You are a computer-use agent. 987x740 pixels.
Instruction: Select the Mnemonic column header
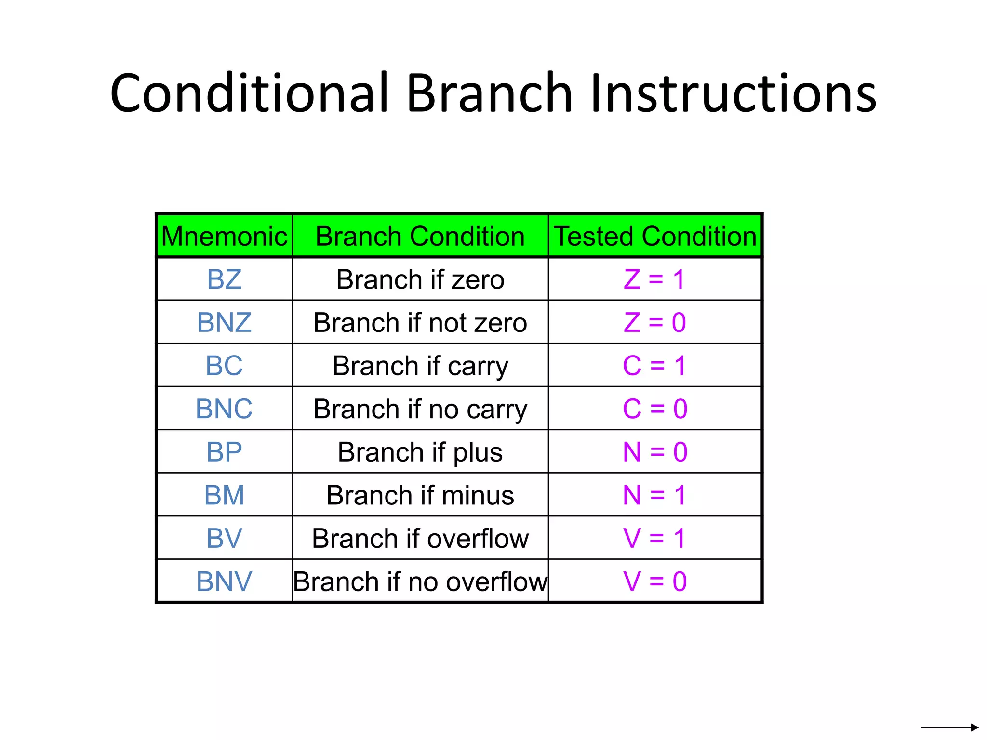(x=224, y=236)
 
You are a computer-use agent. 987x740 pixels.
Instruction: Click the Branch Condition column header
(x=420, y=236)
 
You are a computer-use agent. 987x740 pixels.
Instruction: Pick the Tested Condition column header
(x=655, y=236)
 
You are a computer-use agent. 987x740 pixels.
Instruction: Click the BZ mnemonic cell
(x=224, y=279)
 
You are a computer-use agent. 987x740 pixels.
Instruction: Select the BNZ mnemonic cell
(x=224, y=322)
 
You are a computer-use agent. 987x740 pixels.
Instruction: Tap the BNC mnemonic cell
(x=224, y=409)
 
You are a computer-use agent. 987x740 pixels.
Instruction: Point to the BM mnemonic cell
(x=224, y=495)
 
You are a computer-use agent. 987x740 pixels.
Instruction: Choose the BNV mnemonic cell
(x=224, y=581)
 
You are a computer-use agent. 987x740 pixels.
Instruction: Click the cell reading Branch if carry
(x=420, y=366)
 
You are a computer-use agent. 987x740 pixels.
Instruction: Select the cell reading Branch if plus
(x=420, y=452)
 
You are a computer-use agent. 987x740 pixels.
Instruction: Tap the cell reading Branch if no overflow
(x=420, y=581)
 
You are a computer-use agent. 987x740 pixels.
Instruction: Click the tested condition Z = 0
(x=654, y=322)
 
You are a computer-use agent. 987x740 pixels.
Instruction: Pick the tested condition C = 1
(x=654, y=366)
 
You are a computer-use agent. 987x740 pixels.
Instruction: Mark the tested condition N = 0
(x=654, y=452)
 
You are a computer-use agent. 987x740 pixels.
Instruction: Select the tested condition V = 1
(x=654, y=538)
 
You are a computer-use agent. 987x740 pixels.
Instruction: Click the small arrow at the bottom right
(x=949, y=727)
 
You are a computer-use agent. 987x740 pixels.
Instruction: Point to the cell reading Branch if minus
(x=420, y=495)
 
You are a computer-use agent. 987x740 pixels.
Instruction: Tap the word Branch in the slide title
(x=489, y=93)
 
